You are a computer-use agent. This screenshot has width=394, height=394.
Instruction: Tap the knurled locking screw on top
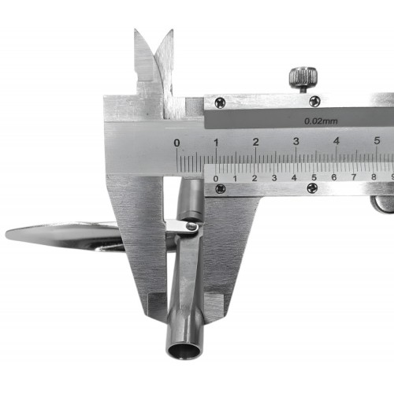(303, 78)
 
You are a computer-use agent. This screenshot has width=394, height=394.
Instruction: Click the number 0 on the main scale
(177, 143)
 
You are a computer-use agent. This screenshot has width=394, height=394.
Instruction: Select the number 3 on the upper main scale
(296, 142)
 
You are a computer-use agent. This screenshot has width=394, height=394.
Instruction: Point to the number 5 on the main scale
(377, 141)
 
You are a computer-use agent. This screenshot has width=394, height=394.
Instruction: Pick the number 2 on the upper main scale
(256, 142)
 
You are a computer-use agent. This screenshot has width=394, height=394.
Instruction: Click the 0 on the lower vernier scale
(216, 179)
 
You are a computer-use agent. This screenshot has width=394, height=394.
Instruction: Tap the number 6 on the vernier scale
(334, 177)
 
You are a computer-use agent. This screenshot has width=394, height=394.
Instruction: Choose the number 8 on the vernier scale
(374, 177)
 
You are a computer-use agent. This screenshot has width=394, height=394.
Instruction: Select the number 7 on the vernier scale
(354, 177)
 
